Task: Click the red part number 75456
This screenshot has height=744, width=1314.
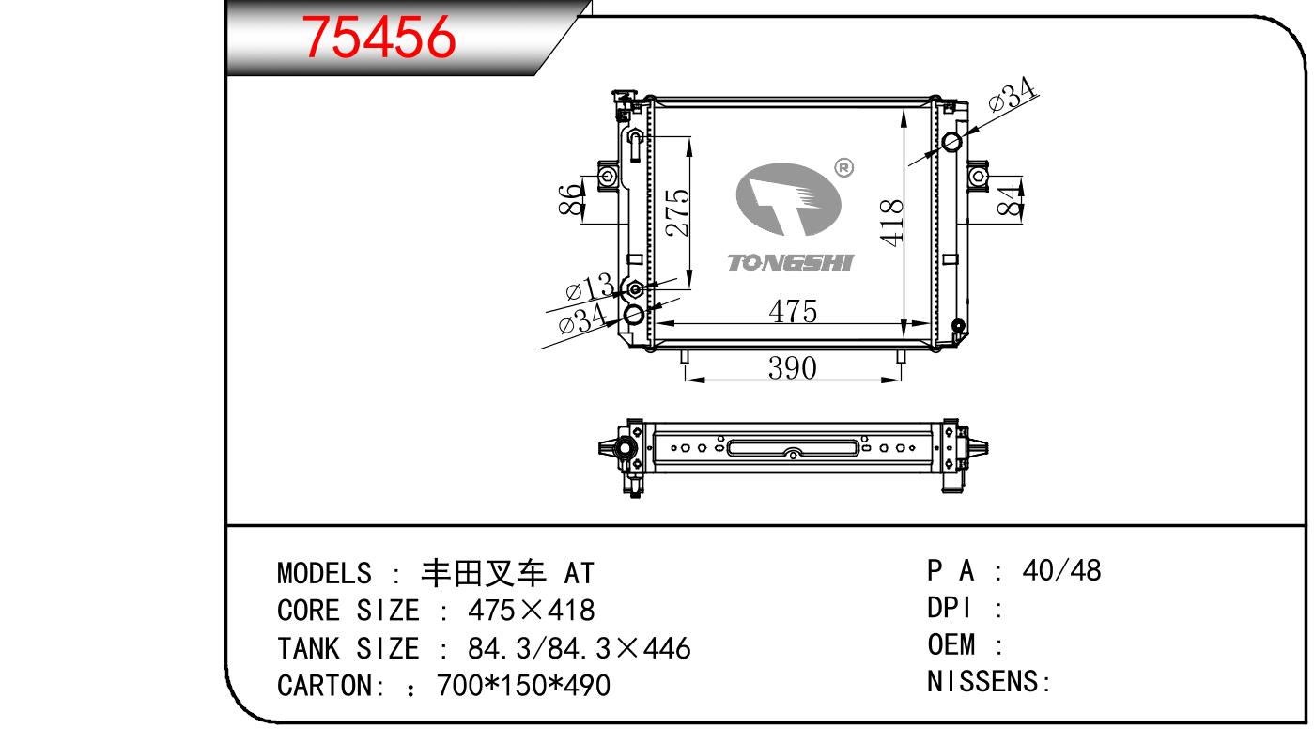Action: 379,37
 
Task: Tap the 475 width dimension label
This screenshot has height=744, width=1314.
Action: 793,311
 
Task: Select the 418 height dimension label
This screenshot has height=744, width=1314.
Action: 891,223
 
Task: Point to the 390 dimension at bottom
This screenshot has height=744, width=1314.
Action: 792,368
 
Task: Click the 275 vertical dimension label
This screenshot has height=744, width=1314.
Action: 677,212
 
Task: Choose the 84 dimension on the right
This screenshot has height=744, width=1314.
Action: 1010,200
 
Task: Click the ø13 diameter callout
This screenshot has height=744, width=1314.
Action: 590,287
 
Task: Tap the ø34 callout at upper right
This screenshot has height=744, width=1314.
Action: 1013,94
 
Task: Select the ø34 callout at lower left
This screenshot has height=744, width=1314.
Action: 582,319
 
